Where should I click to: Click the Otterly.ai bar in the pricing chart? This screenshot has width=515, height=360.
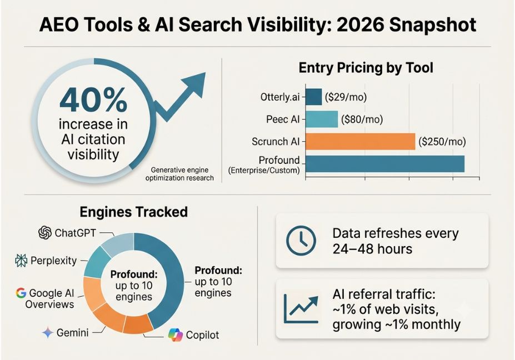point(314,97)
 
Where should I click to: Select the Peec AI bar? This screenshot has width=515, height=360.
point(322,119)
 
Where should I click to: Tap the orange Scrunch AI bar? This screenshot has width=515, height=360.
point(361,142)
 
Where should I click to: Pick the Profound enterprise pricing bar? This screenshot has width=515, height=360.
point(385,164)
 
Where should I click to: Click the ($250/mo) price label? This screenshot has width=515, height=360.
point(442,142)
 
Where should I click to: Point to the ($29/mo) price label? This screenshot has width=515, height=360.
point(346,97)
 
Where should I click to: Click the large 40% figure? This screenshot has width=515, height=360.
point(93,100)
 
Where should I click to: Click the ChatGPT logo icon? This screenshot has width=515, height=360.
point(45,233)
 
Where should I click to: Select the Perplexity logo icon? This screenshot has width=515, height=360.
point(21,261)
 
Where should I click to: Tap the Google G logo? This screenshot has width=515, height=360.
point(21,293)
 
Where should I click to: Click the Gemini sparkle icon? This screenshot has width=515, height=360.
point(48,333)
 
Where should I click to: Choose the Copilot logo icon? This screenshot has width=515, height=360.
point(176,334)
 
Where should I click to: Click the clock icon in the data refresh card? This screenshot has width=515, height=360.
point(301,241)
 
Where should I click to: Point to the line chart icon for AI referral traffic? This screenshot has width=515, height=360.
point(302,309)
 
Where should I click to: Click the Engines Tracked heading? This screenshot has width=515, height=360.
point(134,212)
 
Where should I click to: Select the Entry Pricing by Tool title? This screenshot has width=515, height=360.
point(366,68)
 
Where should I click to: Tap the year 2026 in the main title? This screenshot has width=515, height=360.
point(360,24)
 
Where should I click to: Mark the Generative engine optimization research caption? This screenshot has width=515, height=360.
point(179,174)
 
